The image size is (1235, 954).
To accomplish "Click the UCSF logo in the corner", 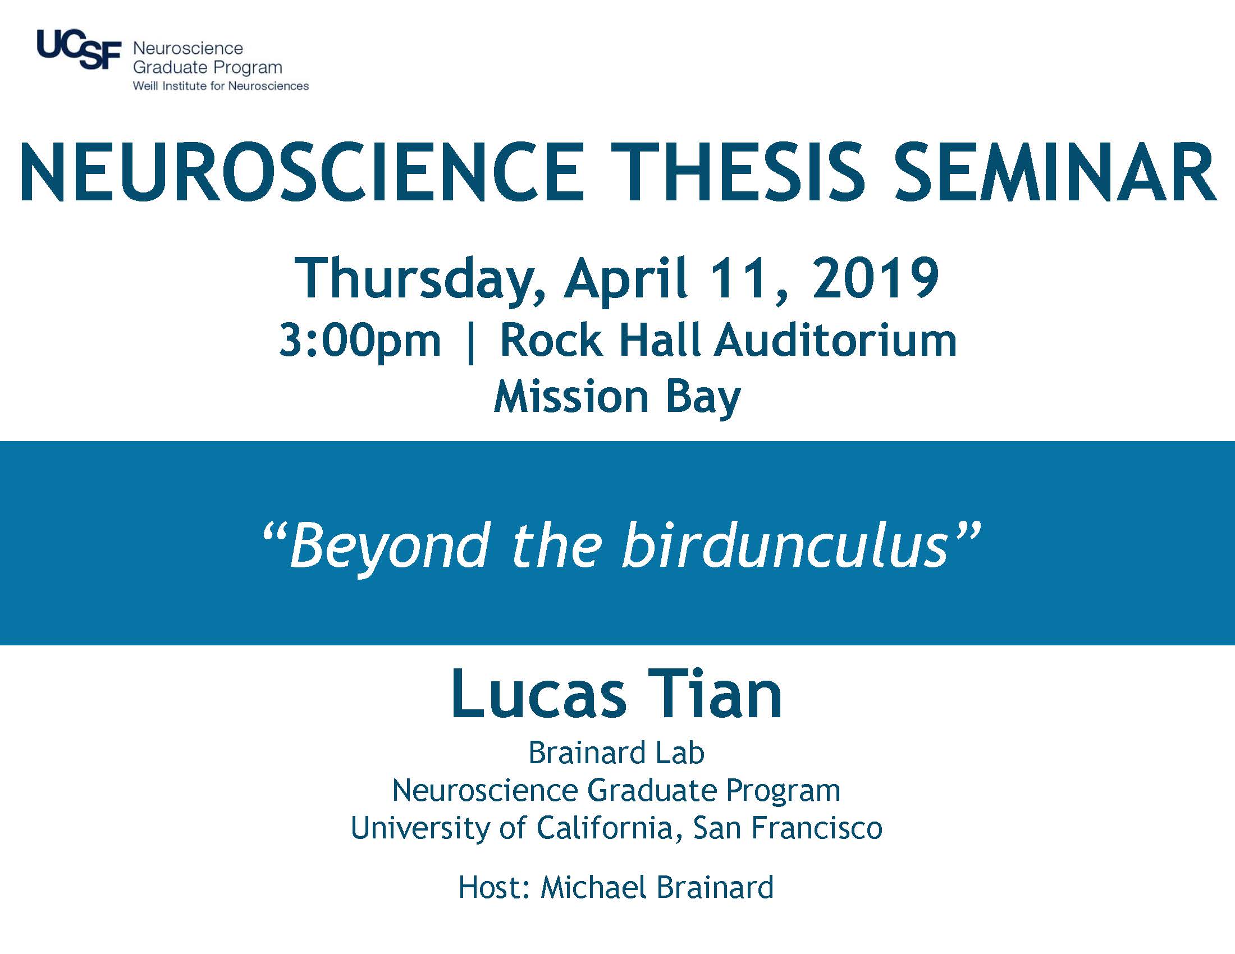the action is click(79, 50).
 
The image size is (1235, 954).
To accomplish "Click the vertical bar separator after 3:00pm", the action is click(470, 343).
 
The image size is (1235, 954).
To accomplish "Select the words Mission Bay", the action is click(617, 398).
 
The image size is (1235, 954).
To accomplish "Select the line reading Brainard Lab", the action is click(616, 753).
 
